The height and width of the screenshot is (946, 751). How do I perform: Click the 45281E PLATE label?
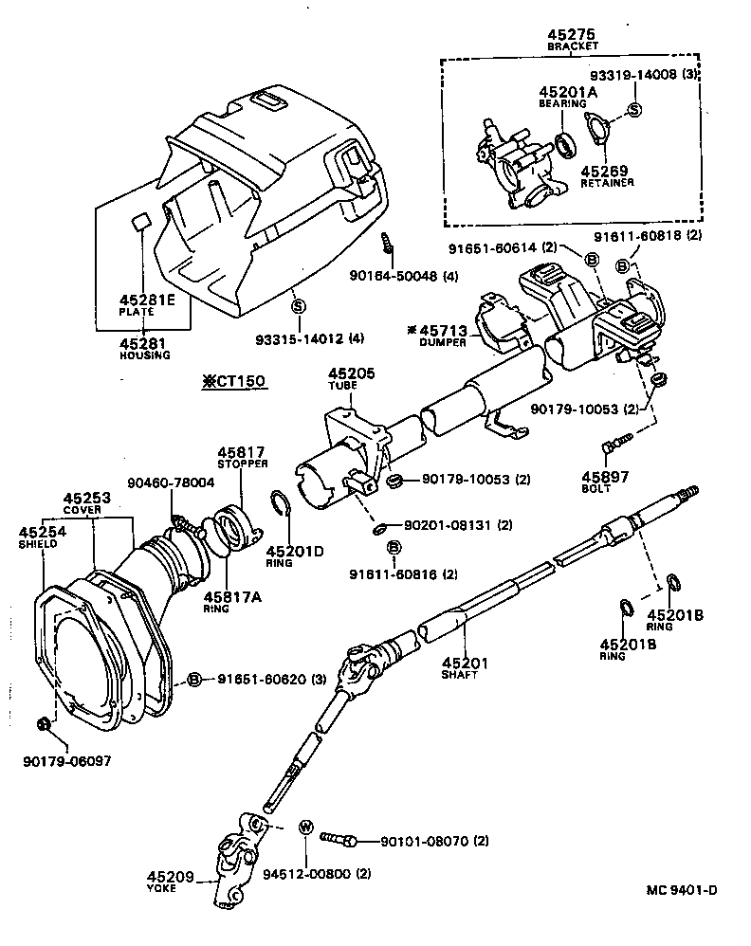146,304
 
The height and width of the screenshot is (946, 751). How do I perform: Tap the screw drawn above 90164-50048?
387,242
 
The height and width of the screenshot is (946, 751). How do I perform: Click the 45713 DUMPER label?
441,335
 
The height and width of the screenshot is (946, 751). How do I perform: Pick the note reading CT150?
232,382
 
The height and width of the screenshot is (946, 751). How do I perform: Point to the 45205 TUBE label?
350,380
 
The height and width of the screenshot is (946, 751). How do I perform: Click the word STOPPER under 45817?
241,464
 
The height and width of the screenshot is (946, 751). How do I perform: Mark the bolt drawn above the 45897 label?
614,444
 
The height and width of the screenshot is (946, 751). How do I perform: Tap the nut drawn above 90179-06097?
44,725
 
